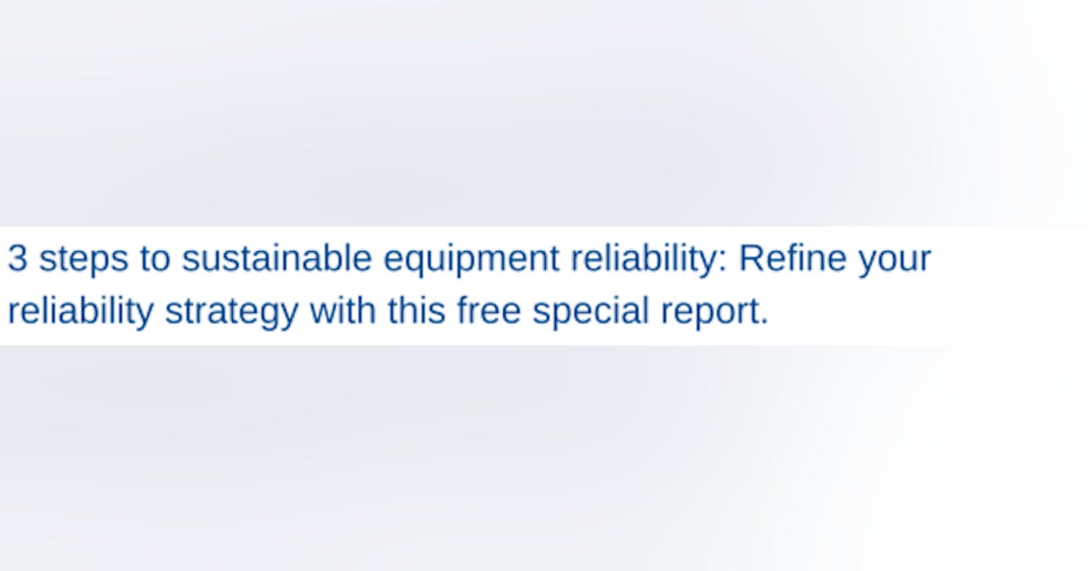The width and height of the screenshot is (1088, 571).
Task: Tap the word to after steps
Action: click(154, 259)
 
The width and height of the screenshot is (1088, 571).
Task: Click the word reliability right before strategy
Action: click(80, 312)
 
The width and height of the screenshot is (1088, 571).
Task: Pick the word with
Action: click(342, 311)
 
